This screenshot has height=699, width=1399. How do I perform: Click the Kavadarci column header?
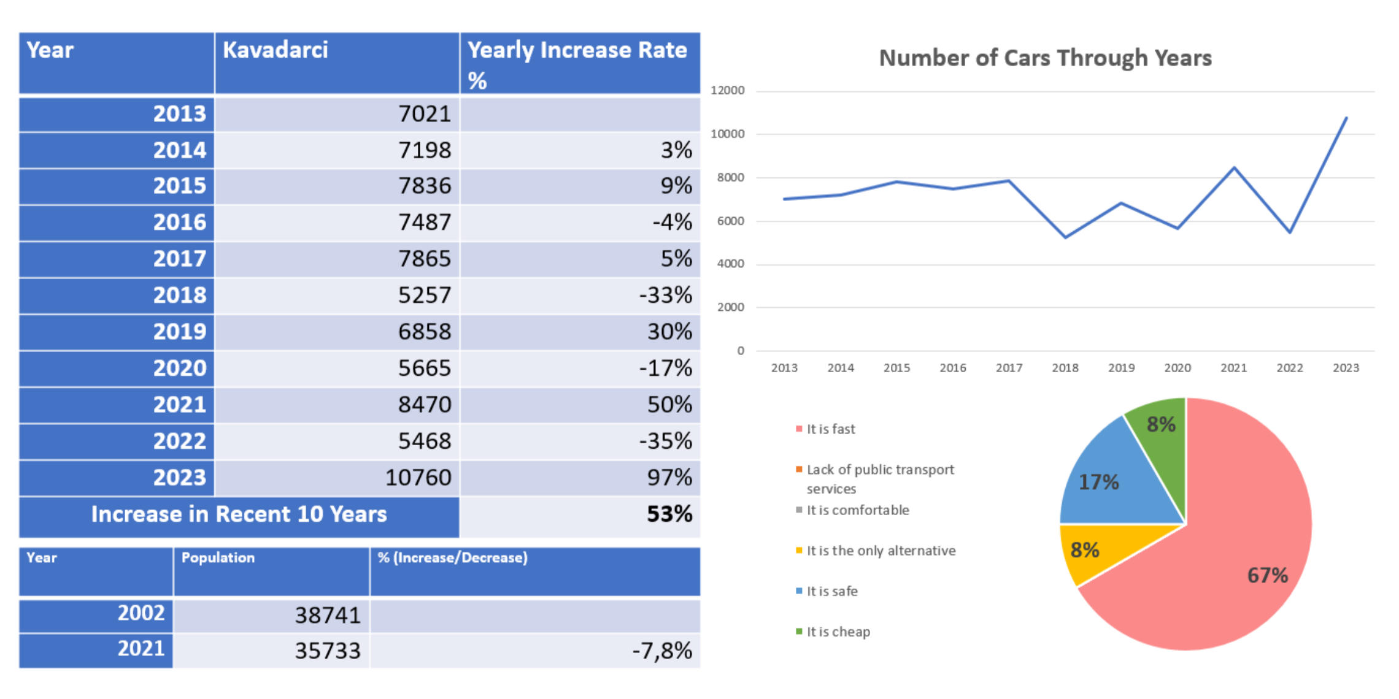pos(276,50)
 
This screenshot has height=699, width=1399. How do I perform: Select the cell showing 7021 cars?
pos(424,114)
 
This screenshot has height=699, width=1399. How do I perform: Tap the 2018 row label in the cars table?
pos(179,296)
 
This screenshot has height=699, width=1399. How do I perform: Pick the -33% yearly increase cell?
pos(665,296)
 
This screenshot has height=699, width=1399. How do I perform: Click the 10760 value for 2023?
pos(418,478)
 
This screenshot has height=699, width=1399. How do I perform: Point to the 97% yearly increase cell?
pos(669,478)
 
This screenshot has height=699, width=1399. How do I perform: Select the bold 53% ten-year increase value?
pos(669,514)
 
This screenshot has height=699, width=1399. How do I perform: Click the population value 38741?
pos(328,615)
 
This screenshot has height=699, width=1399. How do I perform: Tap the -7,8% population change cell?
pos(661,651)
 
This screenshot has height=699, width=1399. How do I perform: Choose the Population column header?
pos(218,558)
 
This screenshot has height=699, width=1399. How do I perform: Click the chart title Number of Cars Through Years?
pos(1045,58)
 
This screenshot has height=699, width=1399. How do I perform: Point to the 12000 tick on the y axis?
pos(727,91)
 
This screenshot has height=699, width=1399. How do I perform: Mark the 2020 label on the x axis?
pos(1177,368)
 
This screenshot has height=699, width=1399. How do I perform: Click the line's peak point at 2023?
pos(1346,118)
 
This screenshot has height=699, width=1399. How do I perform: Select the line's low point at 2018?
pos(1065,237)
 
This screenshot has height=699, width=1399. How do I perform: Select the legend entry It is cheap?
pos(838,632)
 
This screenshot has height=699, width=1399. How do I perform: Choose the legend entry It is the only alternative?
pos(881,551)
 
